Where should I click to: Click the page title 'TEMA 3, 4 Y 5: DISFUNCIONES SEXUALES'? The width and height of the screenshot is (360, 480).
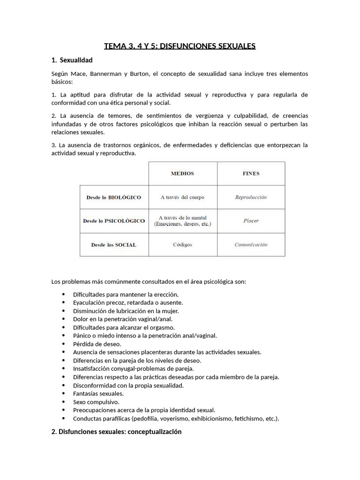pyautogui.click(x=180, y=46)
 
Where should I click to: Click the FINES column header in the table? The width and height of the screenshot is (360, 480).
pyautogui.click(x=251, y=173)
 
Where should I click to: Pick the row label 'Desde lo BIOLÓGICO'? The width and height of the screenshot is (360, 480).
pyautogui.click(x=113, y=197)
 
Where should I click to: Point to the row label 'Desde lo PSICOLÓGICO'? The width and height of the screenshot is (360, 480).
pyautogui.click(x=113, y=221)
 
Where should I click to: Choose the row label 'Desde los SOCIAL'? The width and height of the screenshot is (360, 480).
pyautogui.click(x=113, y=245)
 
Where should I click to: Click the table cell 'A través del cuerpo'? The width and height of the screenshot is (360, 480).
pyautogui.click(x=182, y=197)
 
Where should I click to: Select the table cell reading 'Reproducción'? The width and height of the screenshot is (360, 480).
pyautogui.click(x=251, y=197)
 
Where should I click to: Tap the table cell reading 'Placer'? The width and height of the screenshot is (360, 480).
pyautogui.click(x=251, y=221)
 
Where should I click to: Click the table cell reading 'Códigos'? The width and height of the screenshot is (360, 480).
pyautogui.click(x=182, y=245)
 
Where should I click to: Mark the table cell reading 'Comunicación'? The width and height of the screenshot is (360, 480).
pyautogui.click(x=251, y=245)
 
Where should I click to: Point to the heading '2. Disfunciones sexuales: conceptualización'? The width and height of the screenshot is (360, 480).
pyautogui.click(x=116, y=432)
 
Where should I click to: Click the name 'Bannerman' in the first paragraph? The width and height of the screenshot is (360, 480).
pyautogui.click(x=107, y=74)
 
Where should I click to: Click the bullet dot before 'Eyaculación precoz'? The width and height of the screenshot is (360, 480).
pyautogui.click(x=64, y=303)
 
